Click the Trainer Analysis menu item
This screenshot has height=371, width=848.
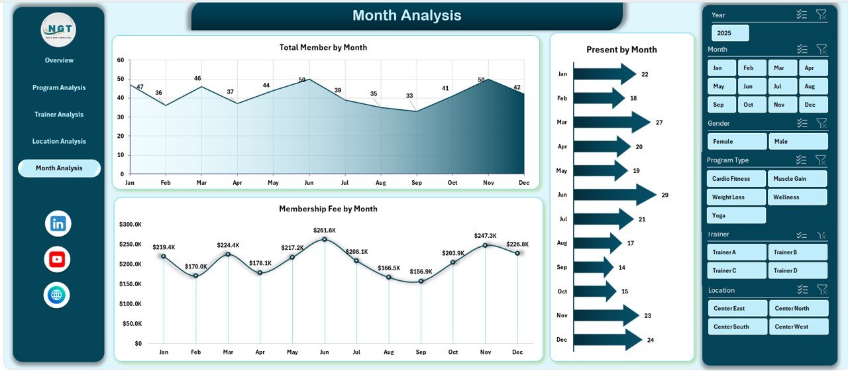point(59,115)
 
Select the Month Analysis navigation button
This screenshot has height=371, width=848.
point(59,168)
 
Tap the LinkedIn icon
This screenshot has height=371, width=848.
point(58,224)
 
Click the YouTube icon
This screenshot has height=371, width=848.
point(57,260)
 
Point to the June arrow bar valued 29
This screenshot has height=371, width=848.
point(613,195)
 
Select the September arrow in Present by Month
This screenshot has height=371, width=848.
point(592,267)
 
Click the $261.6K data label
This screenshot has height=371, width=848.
point(325,230)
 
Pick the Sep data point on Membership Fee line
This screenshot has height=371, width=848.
point(421,281)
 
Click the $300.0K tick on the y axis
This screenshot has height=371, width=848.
point(130,225)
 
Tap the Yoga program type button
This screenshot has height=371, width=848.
point(736,215)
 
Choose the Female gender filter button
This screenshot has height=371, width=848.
point(737,141)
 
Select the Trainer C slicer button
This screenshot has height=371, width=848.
point(737,270)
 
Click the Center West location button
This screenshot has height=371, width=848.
point(798,327)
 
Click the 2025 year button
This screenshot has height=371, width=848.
point(730,33)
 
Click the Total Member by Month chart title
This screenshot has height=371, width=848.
point(323,48)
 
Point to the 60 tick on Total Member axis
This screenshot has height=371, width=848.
point(121,60)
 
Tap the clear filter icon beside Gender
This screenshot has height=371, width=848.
point(821,123)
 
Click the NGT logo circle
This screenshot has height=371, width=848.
point(58,30)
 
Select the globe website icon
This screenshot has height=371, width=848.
point(57,295)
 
